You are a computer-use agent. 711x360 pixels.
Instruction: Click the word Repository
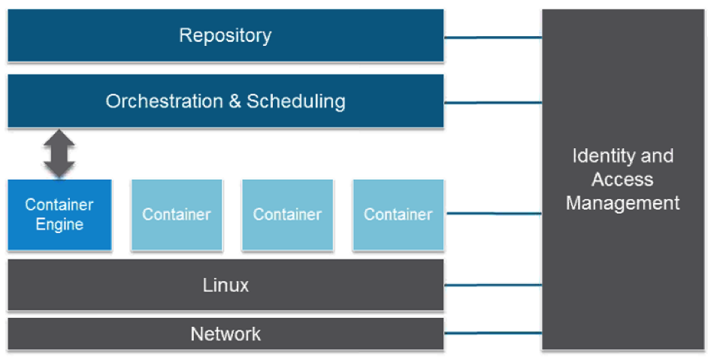225,35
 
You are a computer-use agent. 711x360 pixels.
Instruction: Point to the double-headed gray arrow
59,153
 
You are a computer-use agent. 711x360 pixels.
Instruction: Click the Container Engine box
59,214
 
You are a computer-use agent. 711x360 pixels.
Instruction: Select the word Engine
59,225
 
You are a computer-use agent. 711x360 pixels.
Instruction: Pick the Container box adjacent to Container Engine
177,214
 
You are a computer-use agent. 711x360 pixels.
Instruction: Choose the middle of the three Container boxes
287,214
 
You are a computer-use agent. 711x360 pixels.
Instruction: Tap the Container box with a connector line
398,214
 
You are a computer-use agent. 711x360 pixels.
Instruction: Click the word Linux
225,286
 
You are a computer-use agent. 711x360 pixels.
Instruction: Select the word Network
225,334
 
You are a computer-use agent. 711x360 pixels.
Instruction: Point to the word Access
622,180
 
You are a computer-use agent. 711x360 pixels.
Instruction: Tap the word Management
622,203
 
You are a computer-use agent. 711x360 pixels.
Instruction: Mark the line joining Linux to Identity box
492,286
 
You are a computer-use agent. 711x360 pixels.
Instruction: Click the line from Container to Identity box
492,214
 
